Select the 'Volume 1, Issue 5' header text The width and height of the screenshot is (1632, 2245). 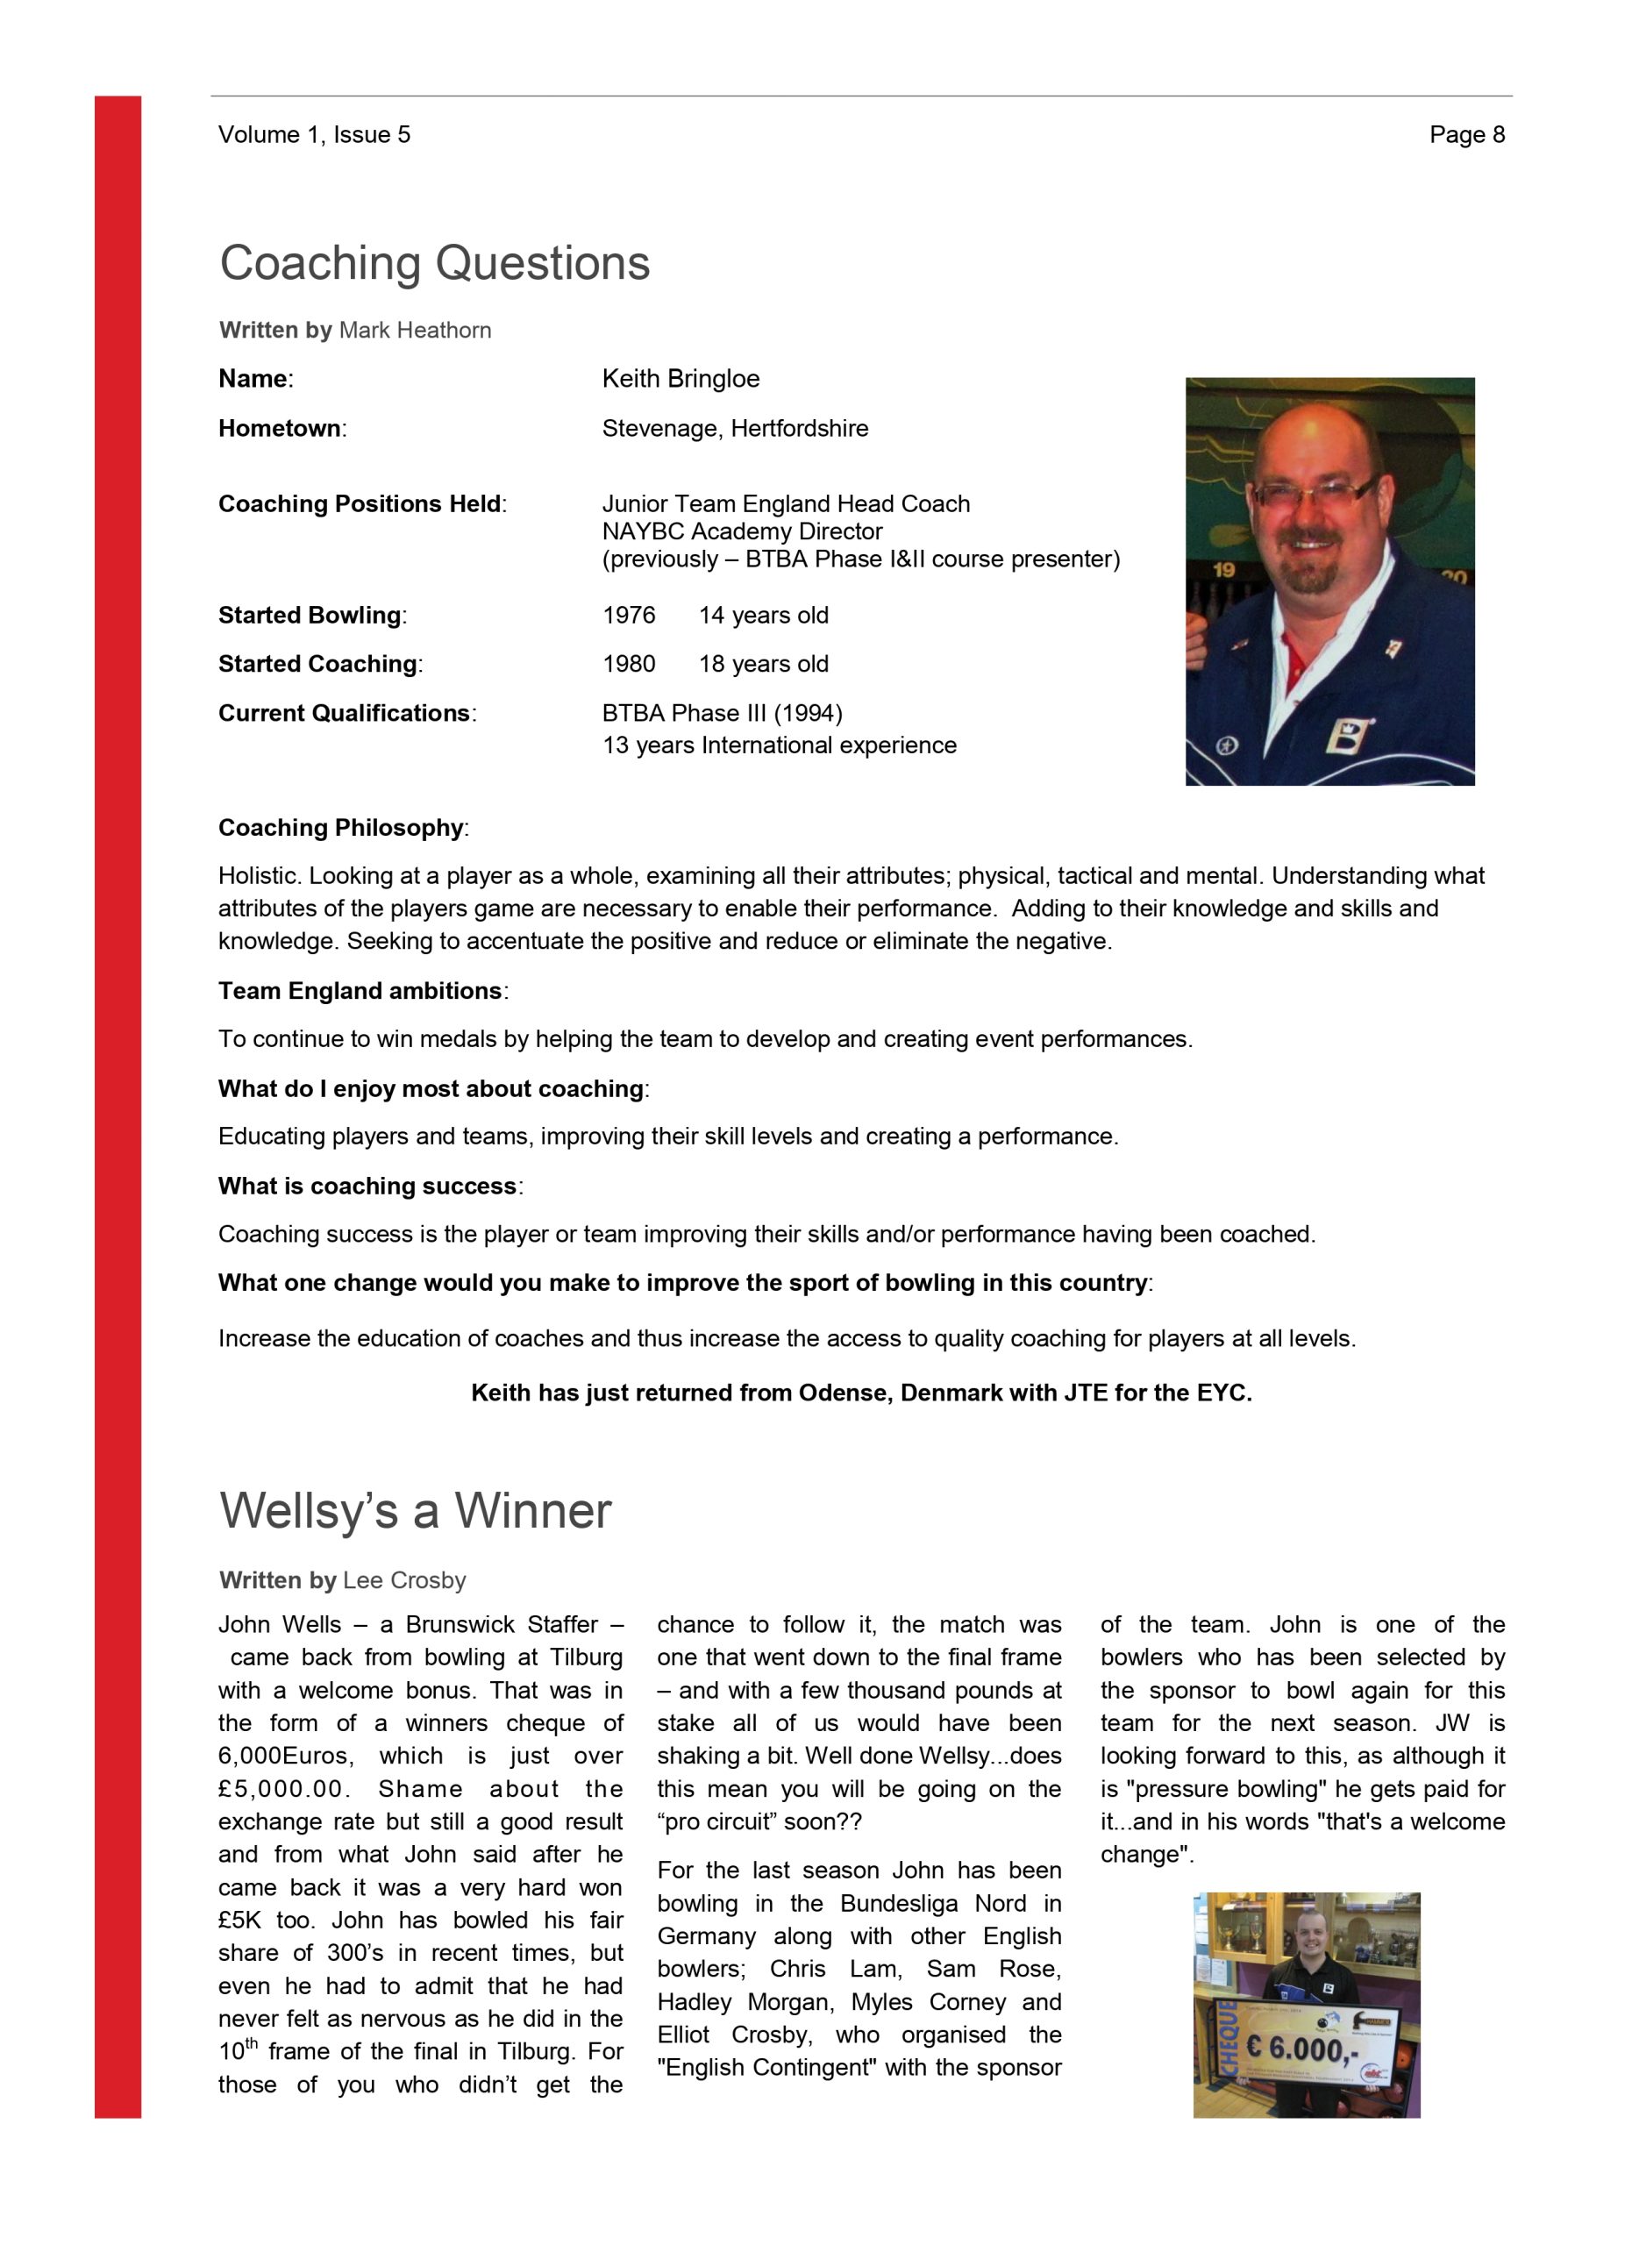pos(314,135)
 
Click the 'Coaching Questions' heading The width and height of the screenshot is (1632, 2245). pos(434,263)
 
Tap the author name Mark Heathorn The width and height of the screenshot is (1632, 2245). pos(415,331)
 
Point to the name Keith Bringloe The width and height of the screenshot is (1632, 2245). pos(680,379)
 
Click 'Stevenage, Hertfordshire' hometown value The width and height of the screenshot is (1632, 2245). pos(734,429)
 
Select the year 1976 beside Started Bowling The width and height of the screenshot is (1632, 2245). pos(629,616)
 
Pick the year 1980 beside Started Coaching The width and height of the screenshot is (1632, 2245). pos(629,664)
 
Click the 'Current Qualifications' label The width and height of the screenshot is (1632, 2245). pos(344,714)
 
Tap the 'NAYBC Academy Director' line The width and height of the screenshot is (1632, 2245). pos(741,531)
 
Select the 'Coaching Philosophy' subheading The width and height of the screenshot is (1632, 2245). pos(340,828)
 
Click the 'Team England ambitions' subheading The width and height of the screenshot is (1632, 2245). pos(360,991)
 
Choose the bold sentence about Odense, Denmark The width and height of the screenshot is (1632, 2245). pos(861,1393)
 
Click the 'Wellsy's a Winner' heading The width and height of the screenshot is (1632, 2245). pos(416,1512)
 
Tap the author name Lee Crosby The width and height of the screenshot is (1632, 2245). pos(403,1581)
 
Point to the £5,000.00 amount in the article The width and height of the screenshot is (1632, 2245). pos(280,1790)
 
